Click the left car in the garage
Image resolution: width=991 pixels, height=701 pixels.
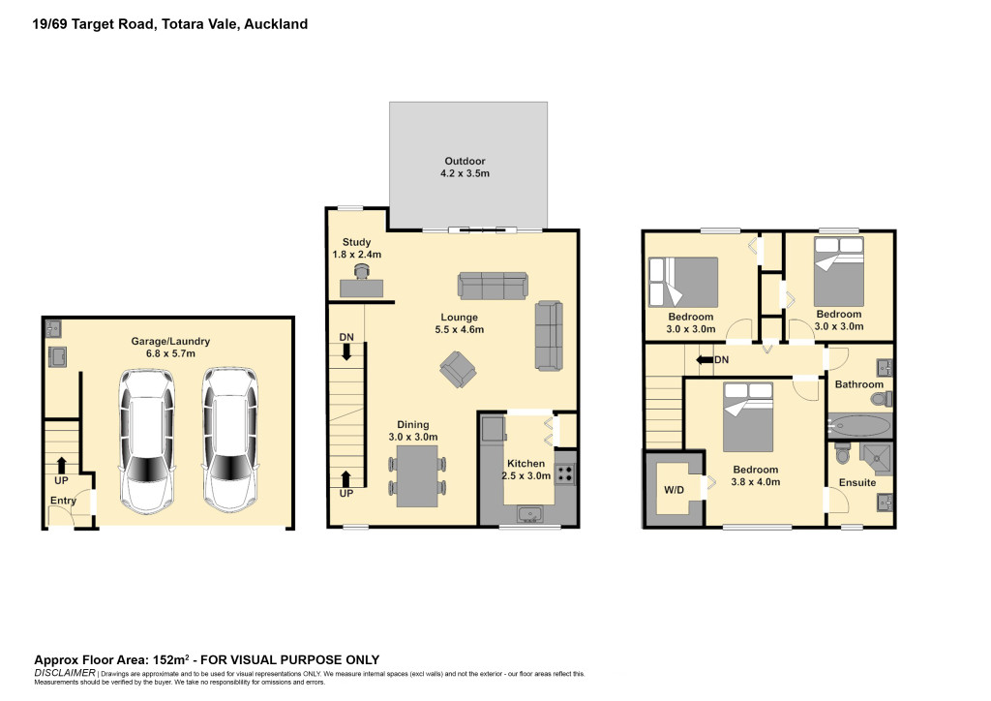pyautogui.click(x=147, y=441)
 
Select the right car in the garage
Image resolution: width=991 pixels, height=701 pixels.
pyautogui.click(x=230, y=441)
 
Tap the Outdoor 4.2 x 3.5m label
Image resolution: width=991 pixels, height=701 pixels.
pyautogui.click(x=465, y=167)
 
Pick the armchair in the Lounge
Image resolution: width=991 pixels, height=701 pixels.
pyautogui.click(x=458, y=370)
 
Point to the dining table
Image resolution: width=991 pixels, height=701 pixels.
pyautogui.click(x=418, y=475)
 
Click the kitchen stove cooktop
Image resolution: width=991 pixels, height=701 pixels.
pyautogui.click(x=565, y=474)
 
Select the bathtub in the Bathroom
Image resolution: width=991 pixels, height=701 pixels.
pyautogui.click(x=859, y=426)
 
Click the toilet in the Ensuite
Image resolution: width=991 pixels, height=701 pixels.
pyautogui.click(x=843, y=452)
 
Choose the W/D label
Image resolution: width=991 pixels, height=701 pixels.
pyautogui.click(x=674, y=490)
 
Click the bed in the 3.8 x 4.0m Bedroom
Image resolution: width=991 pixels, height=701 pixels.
pyautogui.click(x=748, y=416)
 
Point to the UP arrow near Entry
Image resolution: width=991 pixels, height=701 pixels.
pyautogui.click(x=61, y=465)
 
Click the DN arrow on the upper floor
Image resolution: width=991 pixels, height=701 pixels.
pyautogui.click(x=705, y=359)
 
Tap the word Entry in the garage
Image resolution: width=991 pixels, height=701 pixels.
pyautogui.click(x=63, y=501)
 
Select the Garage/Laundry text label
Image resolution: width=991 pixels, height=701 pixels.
pyautogui.click(x=170, y=342)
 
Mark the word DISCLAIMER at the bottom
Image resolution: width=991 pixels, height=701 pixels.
pyautogui.click(x=65, y=673)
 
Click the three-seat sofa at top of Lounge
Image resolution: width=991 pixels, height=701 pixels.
pyautogui.click(x=493, y=286)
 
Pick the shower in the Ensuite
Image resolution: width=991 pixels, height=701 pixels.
pyautogui.click(x=875, y=459)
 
